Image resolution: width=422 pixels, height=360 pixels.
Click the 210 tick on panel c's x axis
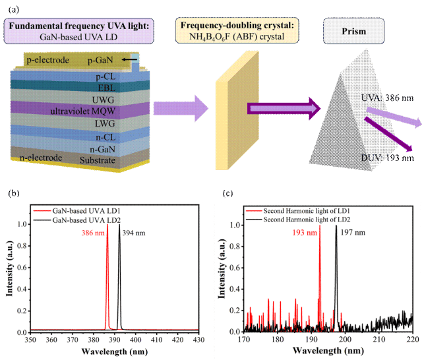tap(378, 340)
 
